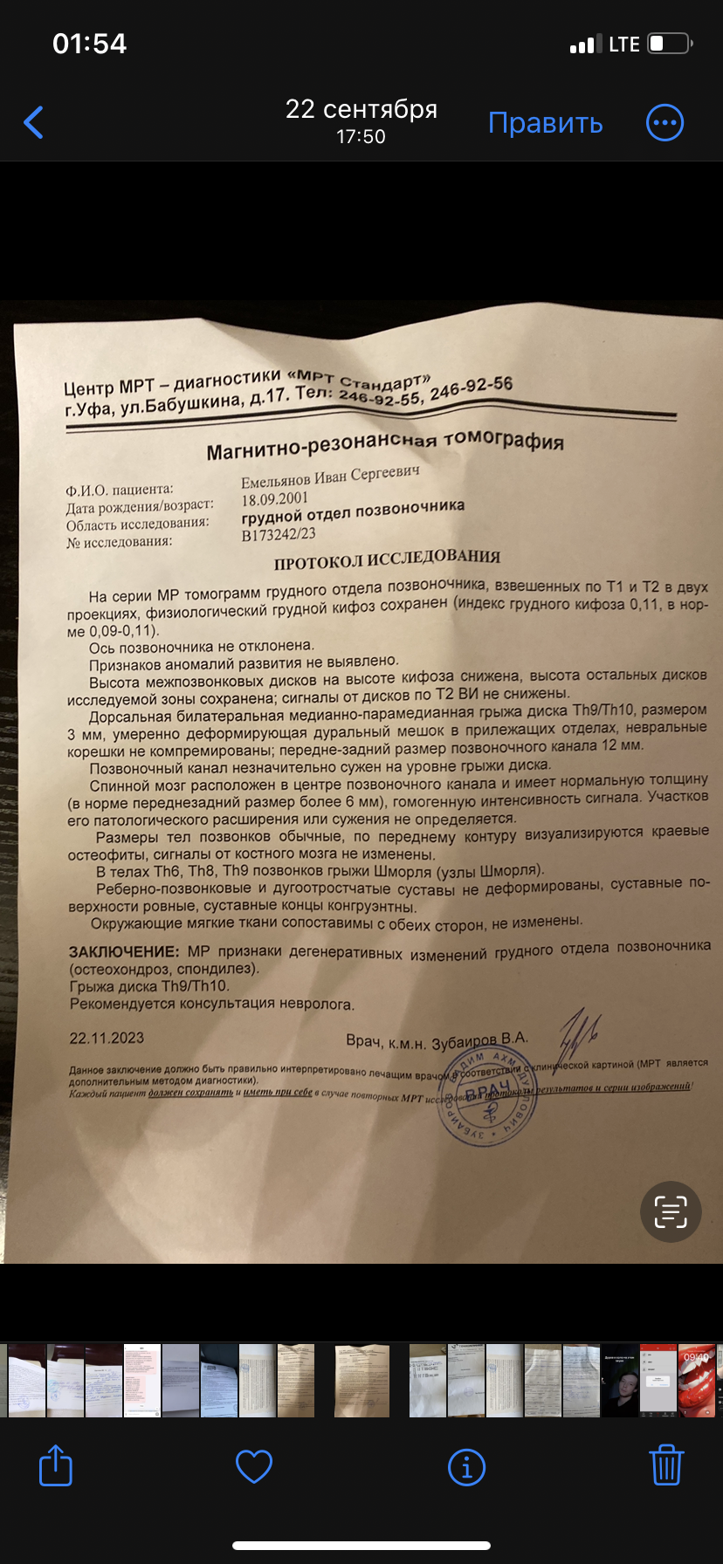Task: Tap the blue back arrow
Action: click(34, 122)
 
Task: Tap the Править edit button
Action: click(545, 122)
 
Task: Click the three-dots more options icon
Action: click(664, 122)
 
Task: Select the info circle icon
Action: click(466, 1466)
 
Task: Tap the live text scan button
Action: click(671, 1211)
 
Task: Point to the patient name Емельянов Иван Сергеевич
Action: click(330, 477)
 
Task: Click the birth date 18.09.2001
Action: click(275, 499)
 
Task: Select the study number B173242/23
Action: click(279, 535)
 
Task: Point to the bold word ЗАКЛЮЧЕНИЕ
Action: click(124, 951)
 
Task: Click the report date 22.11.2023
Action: click(107, 1038)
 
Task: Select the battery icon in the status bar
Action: click(670, 44)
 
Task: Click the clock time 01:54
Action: click(90, 44)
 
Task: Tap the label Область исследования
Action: click(137, 524)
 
